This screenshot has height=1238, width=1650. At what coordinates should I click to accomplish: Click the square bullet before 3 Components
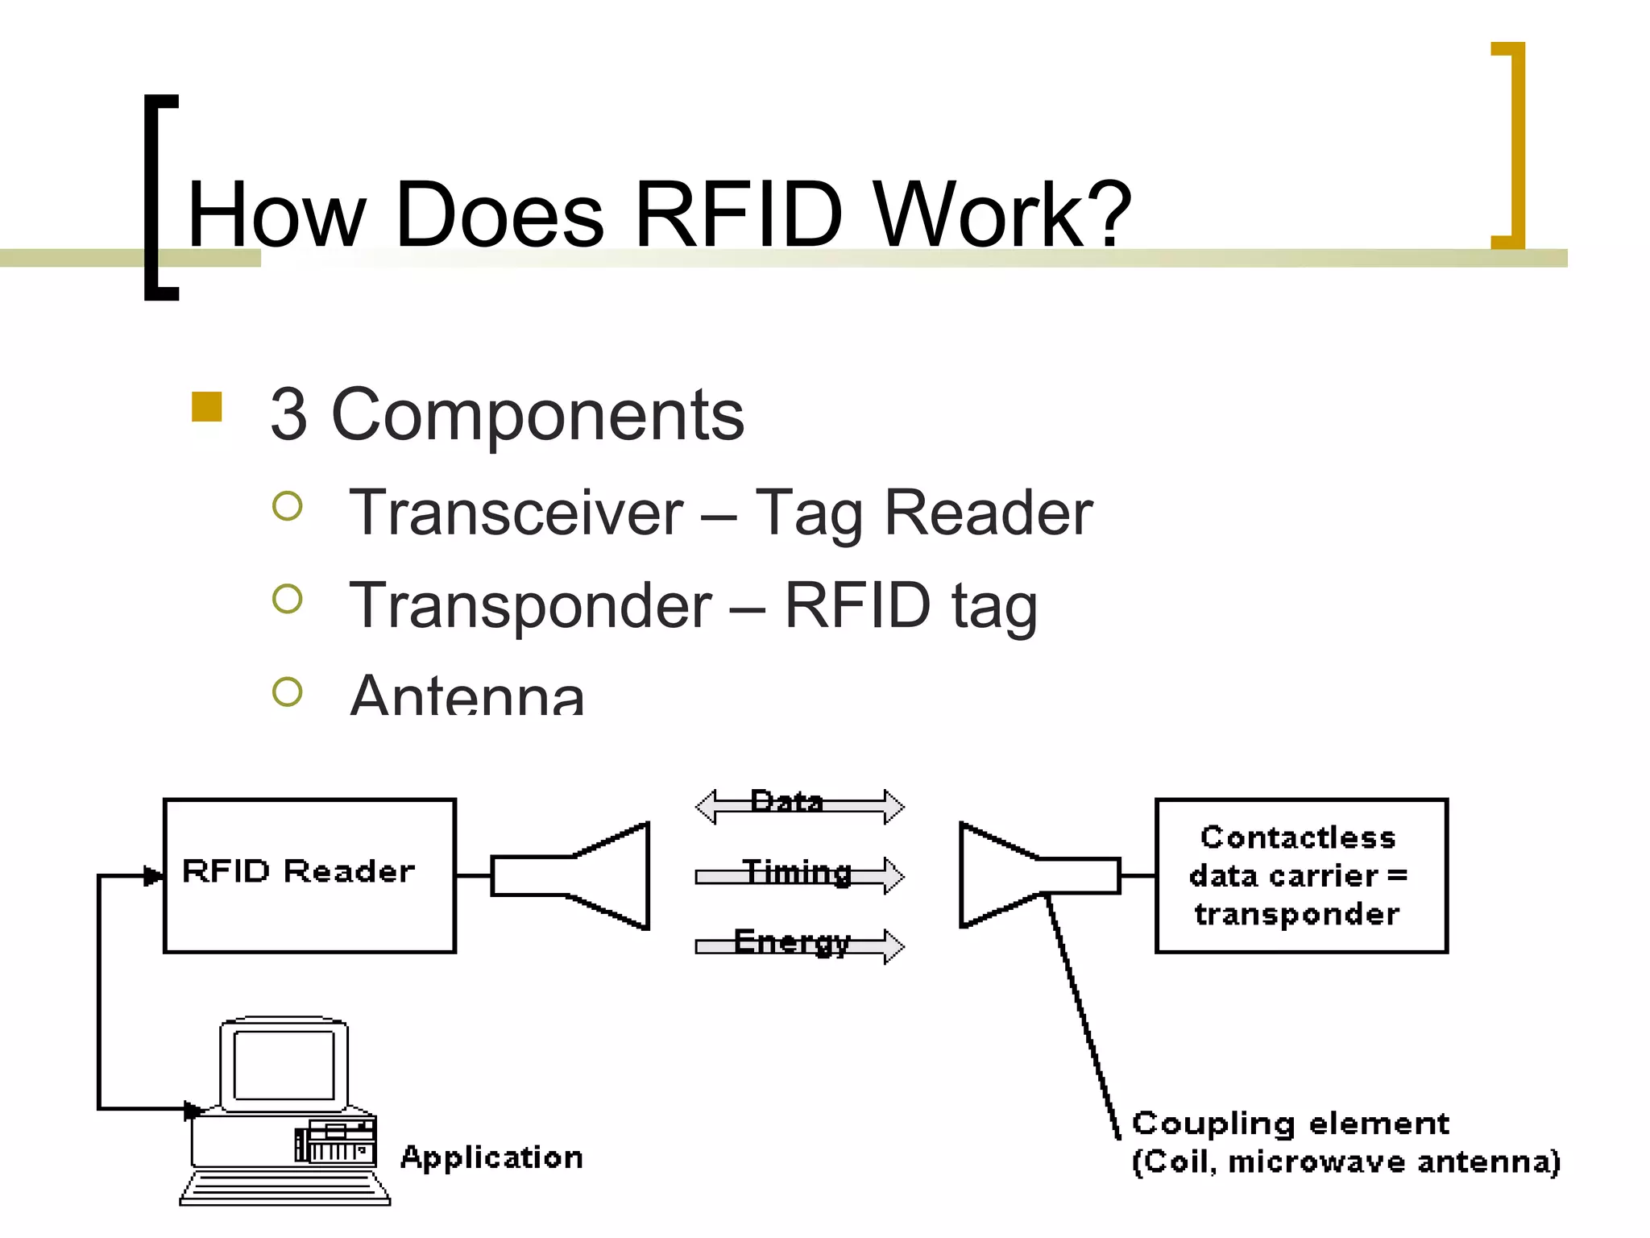point(207,407)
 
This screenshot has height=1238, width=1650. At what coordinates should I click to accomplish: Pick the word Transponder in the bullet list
point(531,605)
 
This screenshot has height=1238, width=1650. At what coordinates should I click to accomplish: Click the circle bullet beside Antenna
point(288,692)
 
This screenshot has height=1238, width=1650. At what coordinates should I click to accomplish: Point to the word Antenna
point(467,695)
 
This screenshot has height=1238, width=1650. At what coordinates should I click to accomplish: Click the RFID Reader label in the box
point(298,871)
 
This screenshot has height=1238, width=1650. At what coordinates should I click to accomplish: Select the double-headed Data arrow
point(799,805)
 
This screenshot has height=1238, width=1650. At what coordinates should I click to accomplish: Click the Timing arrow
point(799,874)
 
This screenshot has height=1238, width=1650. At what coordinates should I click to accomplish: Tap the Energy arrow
point(799,945)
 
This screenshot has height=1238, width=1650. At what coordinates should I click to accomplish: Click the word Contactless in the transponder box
point(1297,837)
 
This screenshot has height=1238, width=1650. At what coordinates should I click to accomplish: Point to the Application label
point(491,1157)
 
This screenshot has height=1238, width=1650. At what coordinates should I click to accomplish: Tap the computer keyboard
point(284,1189)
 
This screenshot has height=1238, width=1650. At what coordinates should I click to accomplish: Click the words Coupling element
point(1290,1123)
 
